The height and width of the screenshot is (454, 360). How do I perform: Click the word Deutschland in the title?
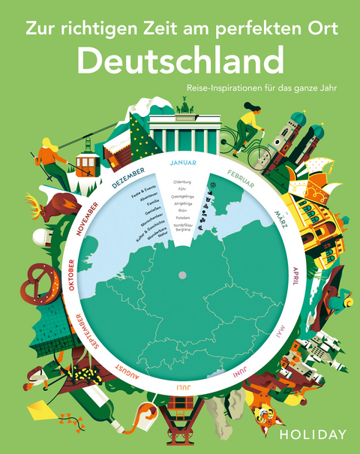180,62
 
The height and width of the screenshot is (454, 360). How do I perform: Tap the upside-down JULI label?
182,387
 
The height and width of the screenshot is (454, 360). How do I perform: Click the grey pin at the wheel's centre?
181,276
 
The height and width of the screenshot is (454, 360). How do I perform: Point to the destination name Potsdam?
182,218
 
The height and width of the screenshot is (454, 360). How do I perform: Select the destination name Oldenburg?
182,182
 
